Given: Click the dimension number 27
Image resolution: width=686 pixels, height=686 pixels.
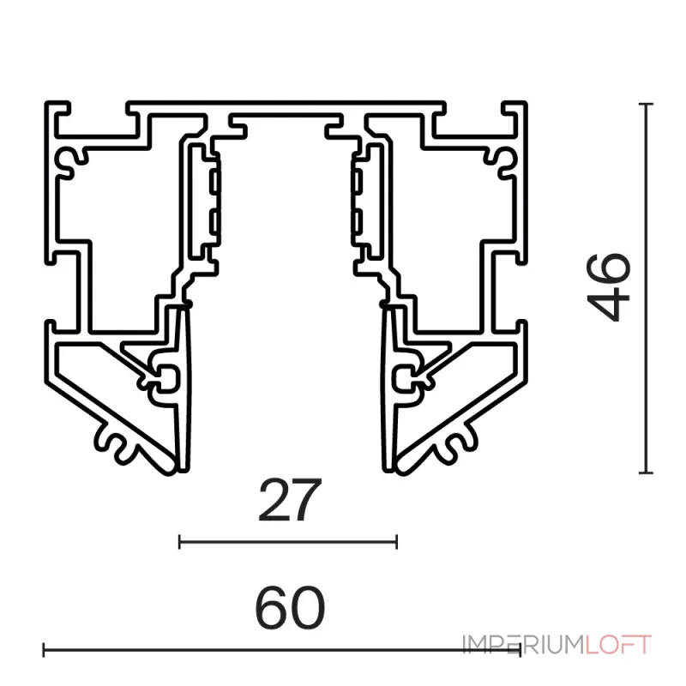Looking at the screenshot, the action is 290,500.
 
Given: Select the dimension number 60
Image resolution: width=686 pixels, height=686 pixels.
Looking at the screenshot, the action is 290,608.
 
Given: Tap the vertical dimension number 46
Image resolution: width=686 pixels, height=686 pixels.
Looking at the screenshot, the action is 609,287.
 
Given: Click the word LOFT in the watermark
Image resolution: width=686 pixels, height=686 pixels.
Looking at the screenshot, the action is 618,645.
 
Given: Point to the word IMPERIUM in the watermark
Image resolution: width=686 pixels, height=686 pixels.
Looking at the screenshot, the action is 524,645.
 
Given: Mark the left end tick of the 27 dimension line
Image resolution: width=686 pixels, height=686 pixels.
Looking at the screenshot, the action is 179,542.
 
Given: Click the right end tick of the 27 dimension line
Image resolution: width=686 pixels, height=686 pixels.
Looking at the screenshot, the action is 396,542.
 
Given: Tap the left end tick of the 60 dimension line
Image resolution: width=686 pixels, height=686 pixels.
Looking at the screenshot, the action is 44,650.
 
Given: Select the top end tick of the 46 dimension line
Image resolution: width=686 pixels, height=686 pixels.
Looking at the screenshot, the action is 646,104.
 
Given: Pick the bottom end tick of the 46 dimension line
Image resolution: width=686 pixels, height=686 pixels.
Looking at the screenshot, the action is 646,472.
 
